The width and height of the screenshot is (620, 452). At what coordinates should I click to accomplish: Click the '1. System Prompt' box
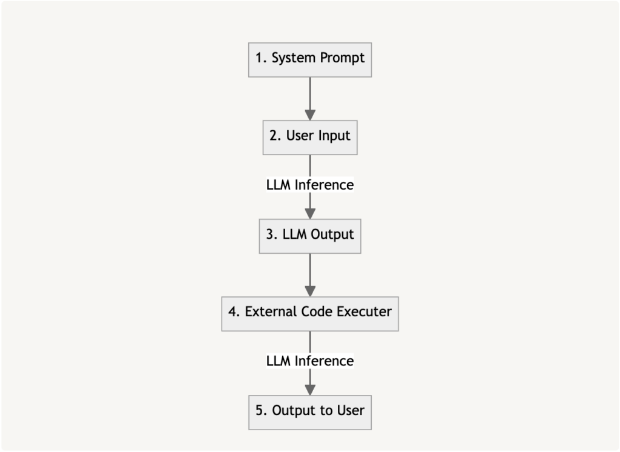[x=310, y=59]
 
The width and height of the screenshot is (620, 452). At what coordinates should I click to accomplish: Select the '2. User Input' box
[x=310, y=136]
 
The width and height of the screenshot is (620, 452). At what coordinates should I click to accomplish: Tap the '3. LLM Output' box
[x=310, y=235]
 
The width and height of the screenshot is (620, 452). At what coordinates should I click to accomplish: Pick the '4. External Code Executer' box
[x=310, y=313]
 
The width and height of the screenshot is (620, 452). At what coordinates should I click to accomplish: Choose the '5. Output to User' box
[x=310, y=411]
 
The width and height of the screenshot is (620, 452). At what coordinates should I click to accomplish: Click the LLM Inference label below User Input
[x=310, y=185]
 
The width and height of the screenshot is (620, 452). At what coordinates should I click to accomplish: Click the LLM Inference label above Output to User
[x=310, y=361]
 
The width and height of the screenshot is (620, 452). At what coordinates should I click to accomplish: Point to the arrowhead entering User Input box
[x=310, y=115]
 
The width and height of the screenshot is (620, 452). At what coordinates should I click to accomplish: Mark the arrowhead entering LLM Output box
[x=310, y=213]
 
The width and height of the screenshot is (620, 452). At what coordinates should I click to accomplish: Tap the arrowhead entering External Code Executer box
[x=310, y=291]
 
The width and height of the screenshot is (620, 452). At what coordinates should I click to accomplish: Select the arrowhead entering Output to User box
[x=310, y=390]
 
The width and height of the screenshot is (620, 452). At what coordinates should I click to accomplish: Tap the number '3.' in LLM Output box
[x=272, y=235]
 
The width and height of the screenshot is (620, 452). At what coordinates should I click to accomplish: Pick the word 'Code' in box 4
[x=318, y=313]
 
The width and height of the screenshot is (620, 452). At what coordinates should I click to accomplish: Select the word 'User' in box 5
[x=350, y=411]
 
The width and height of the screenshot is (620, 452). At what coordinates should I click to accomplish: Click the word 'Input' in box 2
[x=335, y=136]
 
